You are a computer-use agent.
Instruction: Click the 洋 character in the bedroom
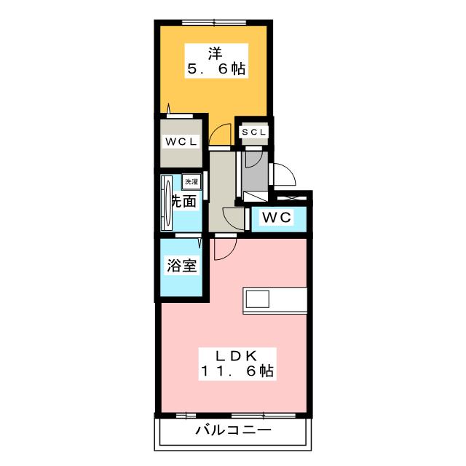pos(215,52)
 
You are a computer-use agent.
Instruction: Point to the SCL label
pos(254,132)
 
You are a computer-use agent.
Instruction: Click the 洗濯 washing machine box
pos(191,181)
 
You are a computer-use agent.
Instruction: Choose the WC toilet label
pos(277,217)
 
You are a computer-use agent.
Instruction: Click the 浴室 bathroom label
pos(182,266)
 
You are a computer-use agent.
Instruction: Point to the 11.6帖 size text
pos(237,372)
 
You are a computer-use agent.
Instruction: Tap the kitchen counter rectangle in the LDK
pos(275,299)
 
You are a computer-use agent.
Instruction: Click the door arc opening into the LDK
pos(224,249)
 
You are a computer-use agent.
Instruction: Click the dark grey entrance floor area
pos(256,175)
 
